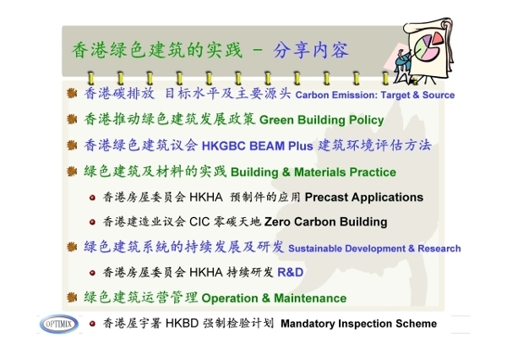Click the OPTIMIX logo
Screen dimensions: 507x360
click(x=59, y=324)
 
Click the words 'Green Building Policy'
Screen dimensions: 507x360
click(x=321, y=120)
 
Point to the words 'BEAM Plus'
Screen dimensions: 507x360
click(x=281, y=146)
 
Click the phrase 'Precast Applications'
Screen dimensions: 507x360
click(x=364, y=197)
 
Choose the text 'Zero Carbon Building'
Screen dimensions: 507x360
click(x=326, y=222)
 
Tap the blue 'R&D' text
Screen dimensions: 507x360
click(x=291, y=272)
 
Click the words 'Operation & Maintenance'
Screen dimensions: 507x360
click(x=274, y=298)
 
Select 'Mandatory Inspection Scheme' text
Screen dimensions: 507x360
click(x=359, y=324)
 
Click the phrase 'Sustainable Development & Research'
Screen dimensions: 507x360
click(x=374, y=248)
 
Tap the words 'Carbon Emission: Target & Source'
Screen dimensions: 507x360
click(x=375, y=95)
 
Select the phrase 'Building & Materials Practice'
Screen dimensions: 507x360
click(x=313, y=172)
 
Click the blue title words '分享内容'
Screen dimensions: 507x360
click(x=311, y=51)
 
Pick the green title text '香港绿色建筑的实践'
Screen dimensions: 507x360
click(x=157, y=51)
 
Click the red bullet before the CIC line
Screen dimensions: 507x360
click(x=92, y=222)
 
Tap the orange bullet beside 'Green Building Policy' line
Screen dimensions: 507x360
click(x=72, y=119)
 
